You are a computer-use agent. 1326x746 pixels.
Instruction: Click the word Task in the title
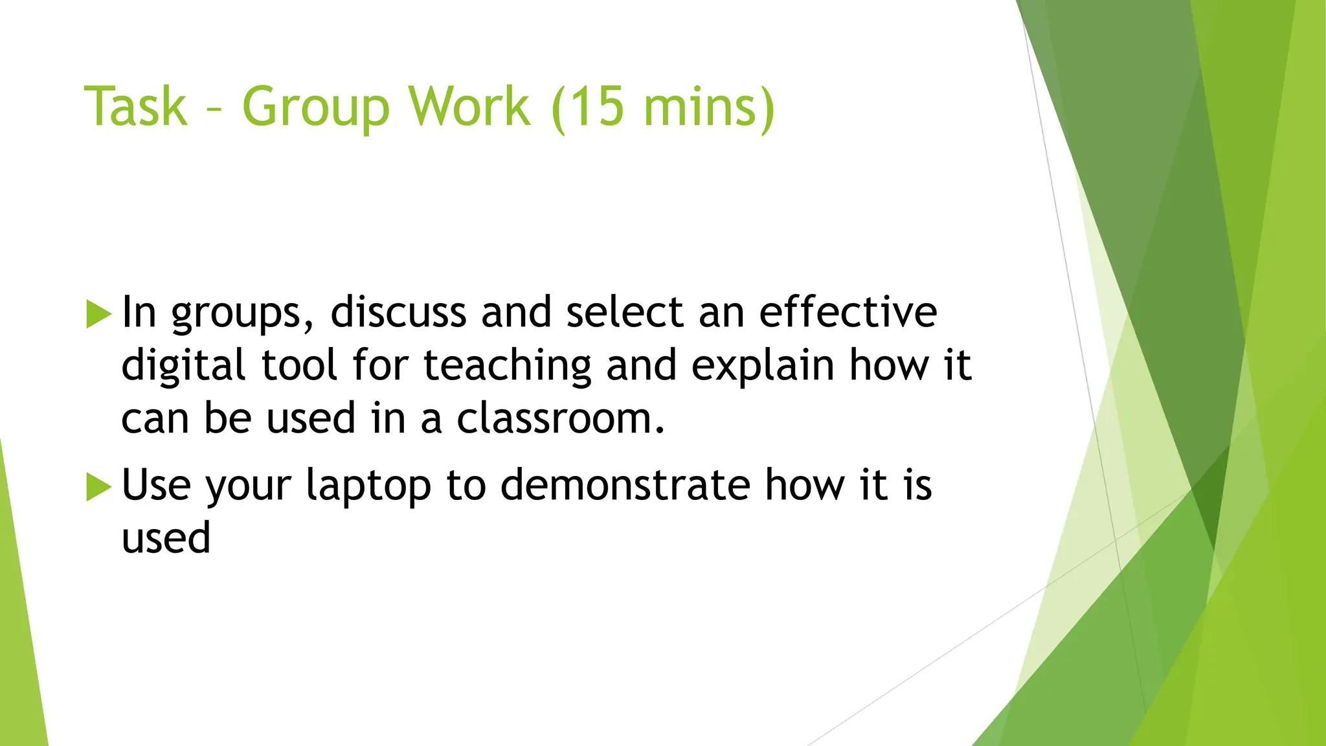135,106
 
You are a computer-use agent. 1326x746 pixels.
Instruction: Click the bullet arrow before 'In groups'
98,314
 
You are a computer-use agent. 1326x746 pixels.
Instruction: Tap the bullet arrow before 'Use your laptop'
98,486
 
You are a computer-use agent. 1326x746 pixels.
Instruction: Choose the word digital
183,367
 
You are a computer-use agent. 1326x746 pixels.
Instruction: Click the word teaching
507,367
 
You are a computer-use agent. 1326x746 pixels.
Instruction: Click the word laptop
368,486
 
